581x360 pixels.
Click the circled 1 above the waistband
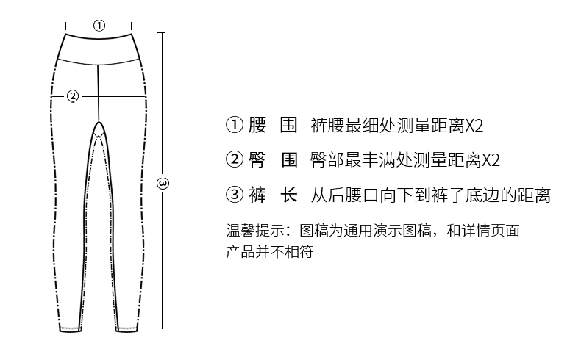tap(99, 26)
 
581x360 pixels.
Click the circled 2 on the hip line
tap(72, 96)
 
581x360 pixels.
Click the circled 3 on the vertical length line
tap(163, 181)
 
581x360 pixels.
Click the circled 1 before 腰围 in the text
tap(233, 125)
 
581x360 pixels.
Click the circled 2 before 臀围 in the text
tap(233, 160)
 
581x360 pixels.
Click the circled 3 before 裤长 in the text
tap(233, 195)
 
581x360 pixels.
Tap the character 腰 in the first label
tap(257, 125)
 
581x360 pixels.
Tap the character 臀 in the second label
tap(257, 160)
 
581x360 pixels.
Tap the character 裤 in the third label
tap(257, 195)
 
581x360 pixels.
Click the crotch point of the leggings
tap(99, 122)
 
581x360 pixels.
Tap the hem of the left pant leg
tap(70, 328)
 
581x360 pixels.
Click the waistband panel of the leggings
tap(99, 50)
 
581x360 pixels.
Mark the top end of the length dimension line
tap(163, 33)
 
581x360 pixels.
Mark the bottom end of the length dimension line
tap(163, 333)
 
